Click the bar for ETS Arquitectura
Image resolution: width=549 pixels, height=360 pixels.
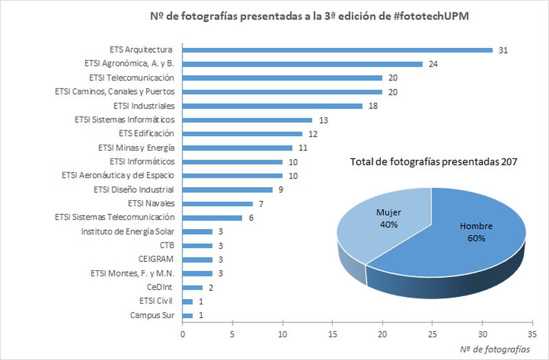(338, 49)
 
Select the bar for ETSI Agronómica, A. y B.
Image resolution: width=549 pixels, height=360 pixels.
(303, 64)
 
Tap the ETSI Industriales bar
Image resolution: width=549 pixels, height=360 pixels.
(272, 106)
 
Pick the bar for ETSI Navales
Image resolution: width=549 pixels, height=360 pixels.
(218, 204)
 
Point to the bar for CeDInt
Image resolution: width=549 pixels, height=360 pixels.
(193, 287)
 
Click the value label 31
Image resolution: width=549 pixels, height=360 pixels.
(503, 50)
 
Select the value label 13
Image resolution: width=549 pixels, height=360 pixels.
(323, 120)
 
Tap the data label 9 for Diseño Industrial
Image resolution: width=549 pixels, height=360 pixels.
(281, 190)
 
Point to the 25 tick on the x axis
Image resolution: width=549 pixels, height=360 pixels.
(432, 334)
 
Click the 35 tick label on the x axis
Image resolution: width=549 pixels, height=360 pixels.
(532, 334)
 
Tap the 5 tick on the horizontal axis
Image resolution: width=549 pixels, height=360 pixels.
(233, 334)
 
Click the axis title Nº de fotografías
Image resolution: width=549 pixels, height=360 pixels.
(495, 349)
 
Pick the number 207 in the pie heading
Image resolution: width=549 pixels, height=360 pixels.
(509, 162)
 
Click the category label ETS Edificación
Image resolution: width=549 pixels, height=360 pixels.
(146, 133)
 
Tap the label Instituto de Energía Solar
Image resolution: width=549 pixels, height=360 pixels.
(128, 231)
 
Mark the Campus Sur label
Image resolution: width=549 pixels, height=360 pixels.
(152, 315)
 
